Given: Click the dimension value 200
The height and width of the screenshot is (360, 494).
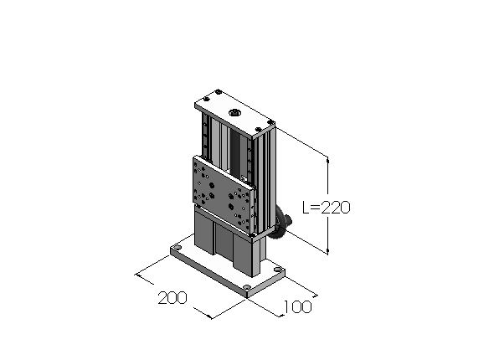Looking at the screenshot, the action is coord(172,298).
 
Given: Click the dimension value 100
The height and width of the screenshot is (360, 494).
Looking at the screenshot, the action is coord(298,306).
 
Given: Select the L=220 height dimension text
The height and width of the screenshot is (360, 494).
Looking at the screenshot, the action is coord(326,208).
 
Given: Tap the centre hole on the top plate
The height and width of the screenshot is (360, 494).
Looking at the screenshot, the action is coord(234,112).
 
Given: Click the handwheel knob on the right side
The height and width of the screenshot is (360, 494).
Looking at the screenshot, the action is coord(288,220).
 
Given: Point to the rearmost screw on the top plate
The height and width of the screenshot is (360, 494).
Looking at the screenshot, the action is coord(218,92).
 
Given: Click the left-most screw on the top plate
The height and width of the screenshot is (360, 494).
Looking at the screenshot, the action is coord(206,100).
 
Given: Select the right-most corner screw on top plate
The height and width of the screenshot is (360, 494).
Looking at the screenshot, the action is coord(270,122).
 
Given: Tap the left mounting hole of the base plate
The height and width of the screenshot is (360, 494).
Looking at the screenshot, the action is coord(178,248).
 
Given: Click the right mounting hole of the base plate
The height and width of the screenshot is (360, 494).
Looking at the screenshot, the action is coord(277,270).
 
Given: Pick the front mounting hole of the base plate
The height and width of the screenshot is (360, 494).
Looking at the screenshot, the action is coord(247,287).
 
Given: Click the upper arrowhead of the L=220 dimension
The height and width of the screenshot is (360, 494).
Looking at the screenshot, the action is coord(327,161).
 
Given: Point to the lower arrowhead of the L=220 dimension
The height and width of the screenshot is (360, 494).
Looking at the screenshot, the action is coord(327,250).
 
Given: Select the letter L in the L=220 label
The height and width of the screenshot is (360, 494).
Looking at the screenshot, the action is coord(306,208).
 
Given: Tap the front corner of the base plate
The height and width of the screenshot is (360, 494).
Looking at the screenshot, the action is coord(247,297).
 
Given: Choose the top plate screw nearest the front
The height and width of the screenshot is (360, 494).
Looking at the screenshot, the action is coord(258,129).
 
